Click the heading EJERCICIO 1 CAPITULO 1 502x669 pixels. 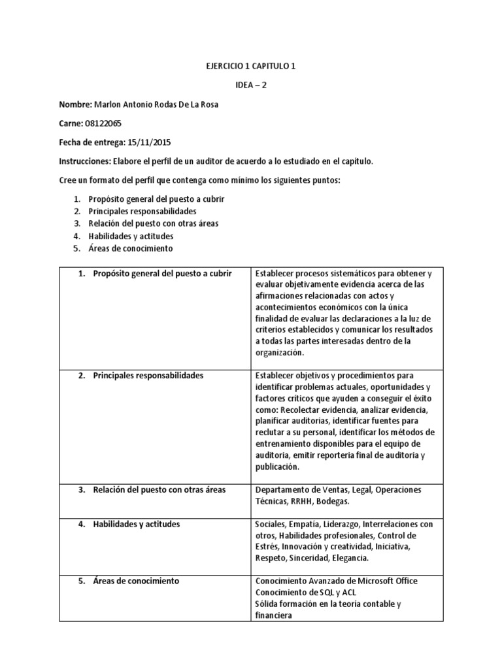(251, 66)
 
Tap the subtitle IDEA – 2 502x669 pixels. (251, 85)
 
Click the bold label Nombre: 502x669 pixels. (76, 105)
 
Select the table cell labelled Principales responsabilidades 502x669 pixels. (148, 376)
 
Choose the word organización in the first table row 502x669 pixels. (280, 352)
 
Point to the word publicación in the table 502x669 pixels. (277, 467)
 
